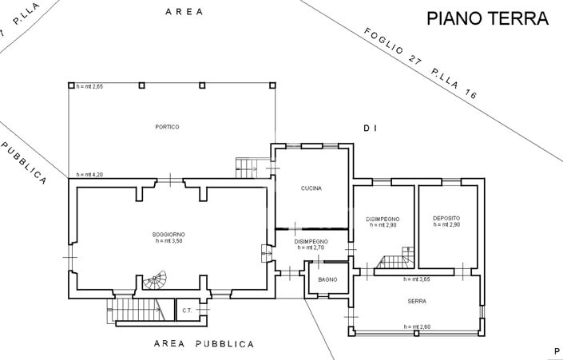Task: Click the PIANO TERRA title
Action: pyautogui.click(x=487, y=18)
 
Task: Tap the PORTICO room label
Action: pyautogui.click(x=167, y=127)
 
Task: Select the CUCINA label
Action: pyautogui.click(x=311, y=188)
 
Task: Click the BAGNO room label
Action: pyautogui.click(x=327, y=279)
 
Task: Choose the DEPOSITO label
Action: pyautogui.click(x=446, y=218)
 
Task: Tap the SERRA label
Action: pyautogui.click(x=415, y=302)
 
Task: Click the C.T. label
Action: pyautogui.click(x=187, y=311)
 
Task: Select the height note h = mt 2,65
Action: pyautogui.click(x=89, y=86)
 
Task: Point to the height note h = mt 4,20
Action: pyautogui.click(x=90, y=174)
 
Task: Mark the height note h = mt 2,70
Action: pyautogui.click(x=311, y=247)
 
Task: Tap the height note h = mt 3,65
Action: pyautogui.click(x=418, y=279)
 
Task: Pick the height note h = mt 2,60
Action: pyautogui.click(x=418, y=326)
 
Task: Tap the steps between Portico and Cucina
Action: pyautogui.click(x=248, y=167)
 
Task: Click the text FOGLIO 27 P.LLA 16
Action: pyautogui.click(x=420, y=63)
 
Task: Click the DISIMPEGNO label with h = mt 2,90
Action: pyautogui.click(x=383, y=221)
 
